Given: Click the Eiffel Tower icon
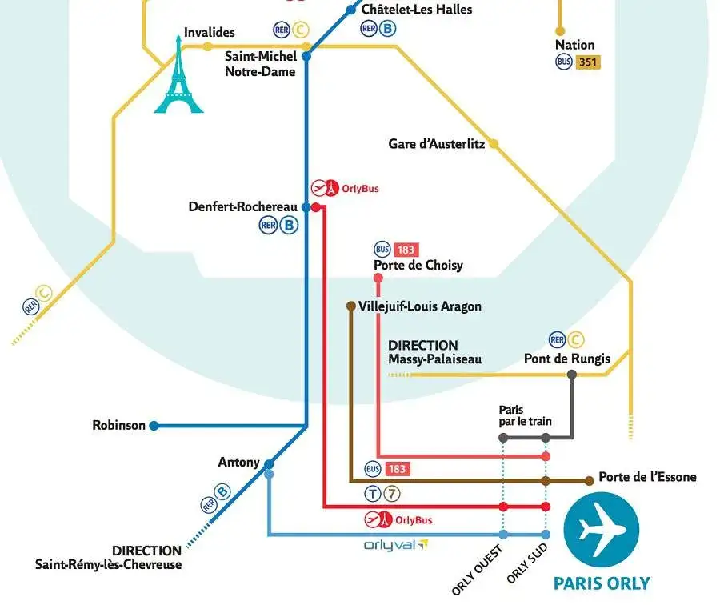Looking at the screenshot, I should click(x=179, y=77).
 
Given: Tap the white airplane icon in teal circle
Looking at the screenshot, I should click(x=602, y=530).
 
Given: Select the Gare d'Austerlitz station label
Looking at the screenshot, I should click(x=436, y=144).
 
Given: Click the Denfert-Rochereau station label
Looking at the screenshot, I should click(x=242, y=206).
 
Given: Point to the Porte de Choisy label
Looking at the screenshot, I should click(x=418, y=265).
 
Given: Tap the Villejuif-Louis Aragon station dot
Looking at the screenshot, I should click(x=350, y=306).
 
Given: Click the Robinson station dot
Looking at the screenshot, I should click(x=154, y=426).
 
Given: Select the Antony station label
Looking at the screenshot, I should click(x=238, y=462).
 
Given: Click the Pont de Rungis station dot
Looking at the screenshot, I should click(x=572, y=375).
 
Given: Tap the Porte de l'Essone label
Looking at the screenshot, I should click(x=647, y=477).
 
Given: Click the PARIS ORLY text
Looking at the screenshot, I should click(x=602, y=583).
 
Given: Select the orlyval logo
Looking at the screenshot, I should click(x=395, y=545).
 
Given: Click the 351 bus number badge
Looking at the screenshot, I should click(x=587, y=62).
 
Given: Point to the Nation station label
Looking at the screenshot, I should click(x=575, y=45).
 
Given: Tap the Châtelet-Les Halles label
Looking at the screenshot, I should click(x=416, y=10).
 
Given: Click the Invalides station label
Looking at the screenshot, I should click(x=209, y=32).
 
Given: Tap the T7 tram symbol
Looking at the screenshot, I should click(x=382, y=494).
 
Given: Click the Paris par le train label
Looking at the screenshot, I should click(x=525, y=415).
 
